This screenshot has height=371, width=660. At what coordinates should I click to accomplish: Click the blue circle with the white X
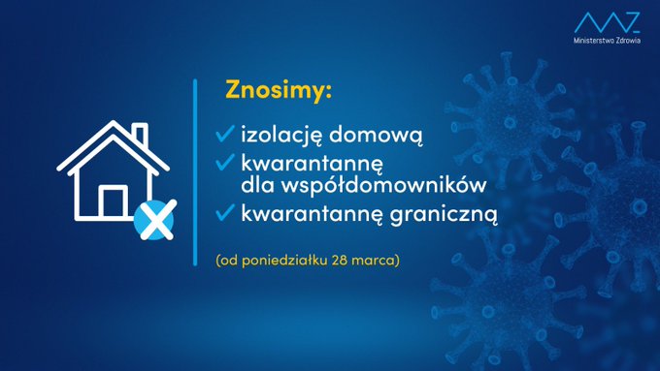153,221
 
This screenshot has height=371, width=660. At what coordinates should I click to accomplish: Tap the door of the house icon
113,202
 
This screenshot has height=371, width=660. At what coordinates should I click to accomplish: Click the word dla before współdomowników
255,181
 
